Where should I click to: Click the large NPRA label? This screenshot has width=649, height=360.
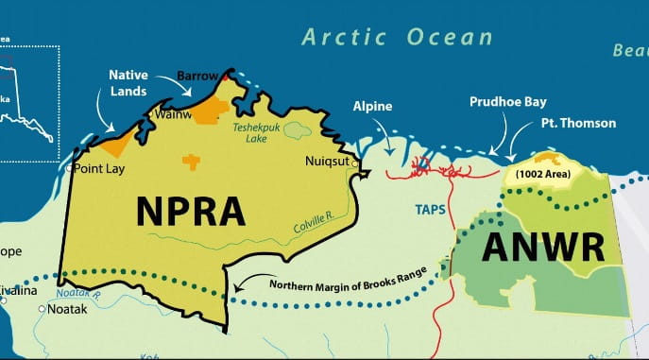191,210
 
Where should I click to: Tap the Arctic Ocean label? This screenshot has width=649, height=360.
397,38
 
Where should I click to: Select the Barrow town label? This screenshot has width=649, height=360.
198,76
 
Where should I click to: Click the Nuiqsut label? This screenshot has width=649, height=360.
326,162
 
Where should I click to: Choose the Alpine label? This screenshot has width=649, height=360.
372,107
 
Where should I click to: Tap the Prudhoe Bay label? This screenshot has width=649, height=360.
507,102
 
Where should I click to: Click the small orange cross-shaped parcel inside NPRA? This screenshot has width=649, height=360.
192,162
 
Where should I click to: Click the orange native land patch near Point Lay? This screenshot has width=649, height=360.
114,144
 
